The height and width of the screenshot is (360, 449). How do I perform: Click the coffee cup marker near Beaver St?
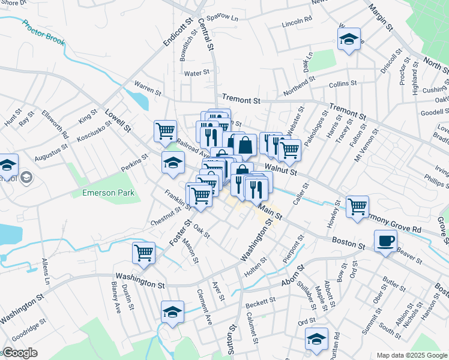[x=385, y=241]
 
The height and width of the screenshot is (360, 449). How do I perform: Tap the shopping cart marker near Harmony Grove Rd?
[x=358, y=206]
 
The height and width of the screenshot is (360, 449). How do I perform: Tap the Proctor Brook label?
[x=43, y=33]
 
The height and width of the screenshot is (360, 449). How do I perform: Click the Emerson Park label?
[x=108, y=193]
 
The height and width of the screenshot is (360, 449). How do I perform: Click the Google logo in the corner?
[x=19, y=353]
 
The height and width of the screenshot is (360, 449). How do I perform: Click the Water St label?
[x=196, y=73]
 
